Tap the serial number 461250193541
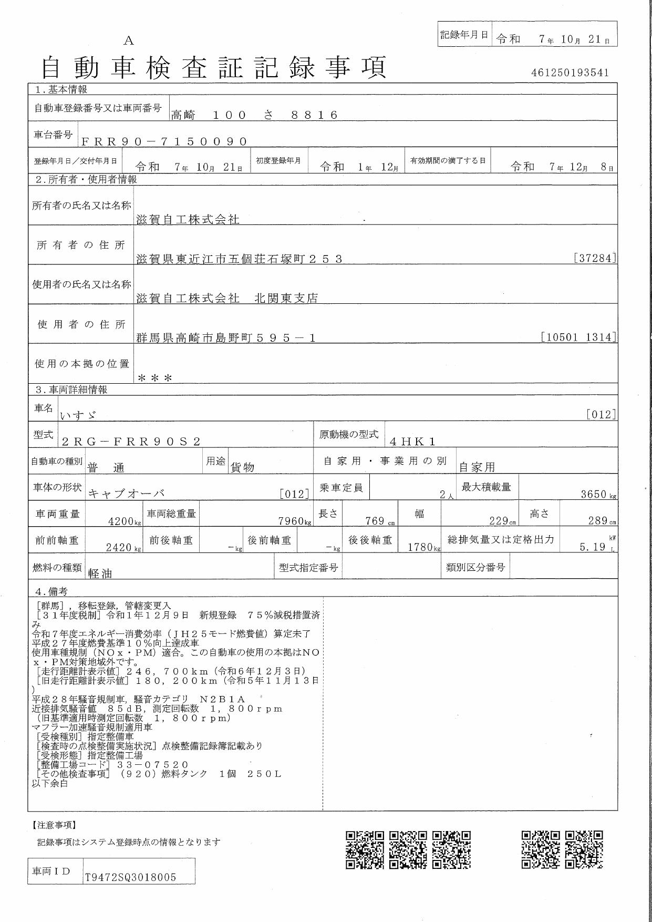(x=570, y=73)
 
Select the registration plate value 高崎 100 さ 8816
(x=254, y=115)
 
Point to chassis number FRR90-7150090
(x=164, y=141)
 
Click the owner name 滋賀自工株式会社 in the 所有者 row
(x=188, y=220)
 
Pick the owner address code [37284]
(x=595, y=258)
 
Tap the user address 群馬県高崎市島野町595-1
(x=225, y=338)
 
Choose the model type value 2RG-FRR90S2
(x=131, y=442)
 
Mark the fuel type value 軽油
(x=100, y=573)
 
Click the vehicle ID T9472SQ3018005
(x=130, y=877)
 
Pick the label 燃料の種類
(x=57, y=568)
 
